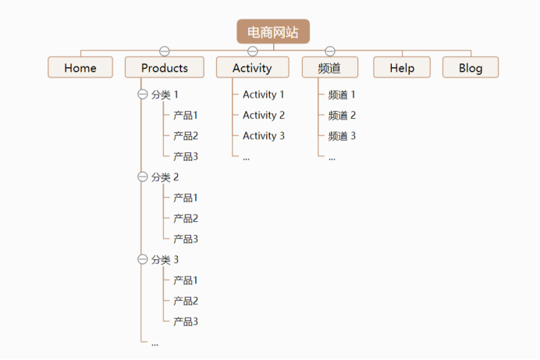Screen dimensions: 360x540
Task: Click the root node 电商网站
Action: [273, 32]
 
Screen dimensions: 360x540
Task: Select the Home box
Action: [80, 68]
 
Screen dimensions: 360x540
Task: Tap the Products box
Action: [165, 68]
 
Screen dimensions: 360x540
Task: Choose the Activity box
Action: [252, 68]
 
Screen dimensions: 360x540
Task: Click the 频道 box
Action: [330, 68]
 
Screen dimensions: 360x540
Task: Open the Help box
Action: [402, 68]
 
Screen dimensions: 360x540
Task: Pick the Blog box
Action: [471, 68]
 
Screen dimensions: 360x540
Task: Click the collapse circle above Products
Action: [165, 52]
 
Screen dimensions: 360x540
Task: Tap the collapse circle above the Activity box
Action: [252, 52]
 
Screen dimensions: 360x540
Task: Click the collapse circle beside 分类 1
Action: [142, 94]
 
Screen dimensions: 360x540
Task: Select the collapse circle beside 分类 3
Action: [142, 259]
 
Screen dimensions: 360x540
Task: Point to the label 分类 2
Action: [165, 177]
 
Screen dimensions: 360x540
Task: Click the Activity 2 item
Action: [264, 116]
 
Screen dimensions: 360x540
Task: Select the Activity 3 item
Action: [264, 136]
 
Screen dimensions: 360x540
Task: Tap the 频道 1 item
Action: [342, 95]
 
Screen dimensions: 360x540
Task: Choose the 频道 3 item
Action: [342, 136]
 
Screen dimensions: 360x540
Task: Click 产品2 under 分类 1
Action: [186, 136]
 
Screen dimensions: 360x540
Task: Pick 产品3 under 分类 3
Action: [186, 321]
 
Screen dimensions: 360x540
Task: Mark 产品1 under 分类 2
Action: [186, 198]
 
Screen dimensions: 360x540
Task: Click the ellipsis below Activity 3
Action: [246, 157]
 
